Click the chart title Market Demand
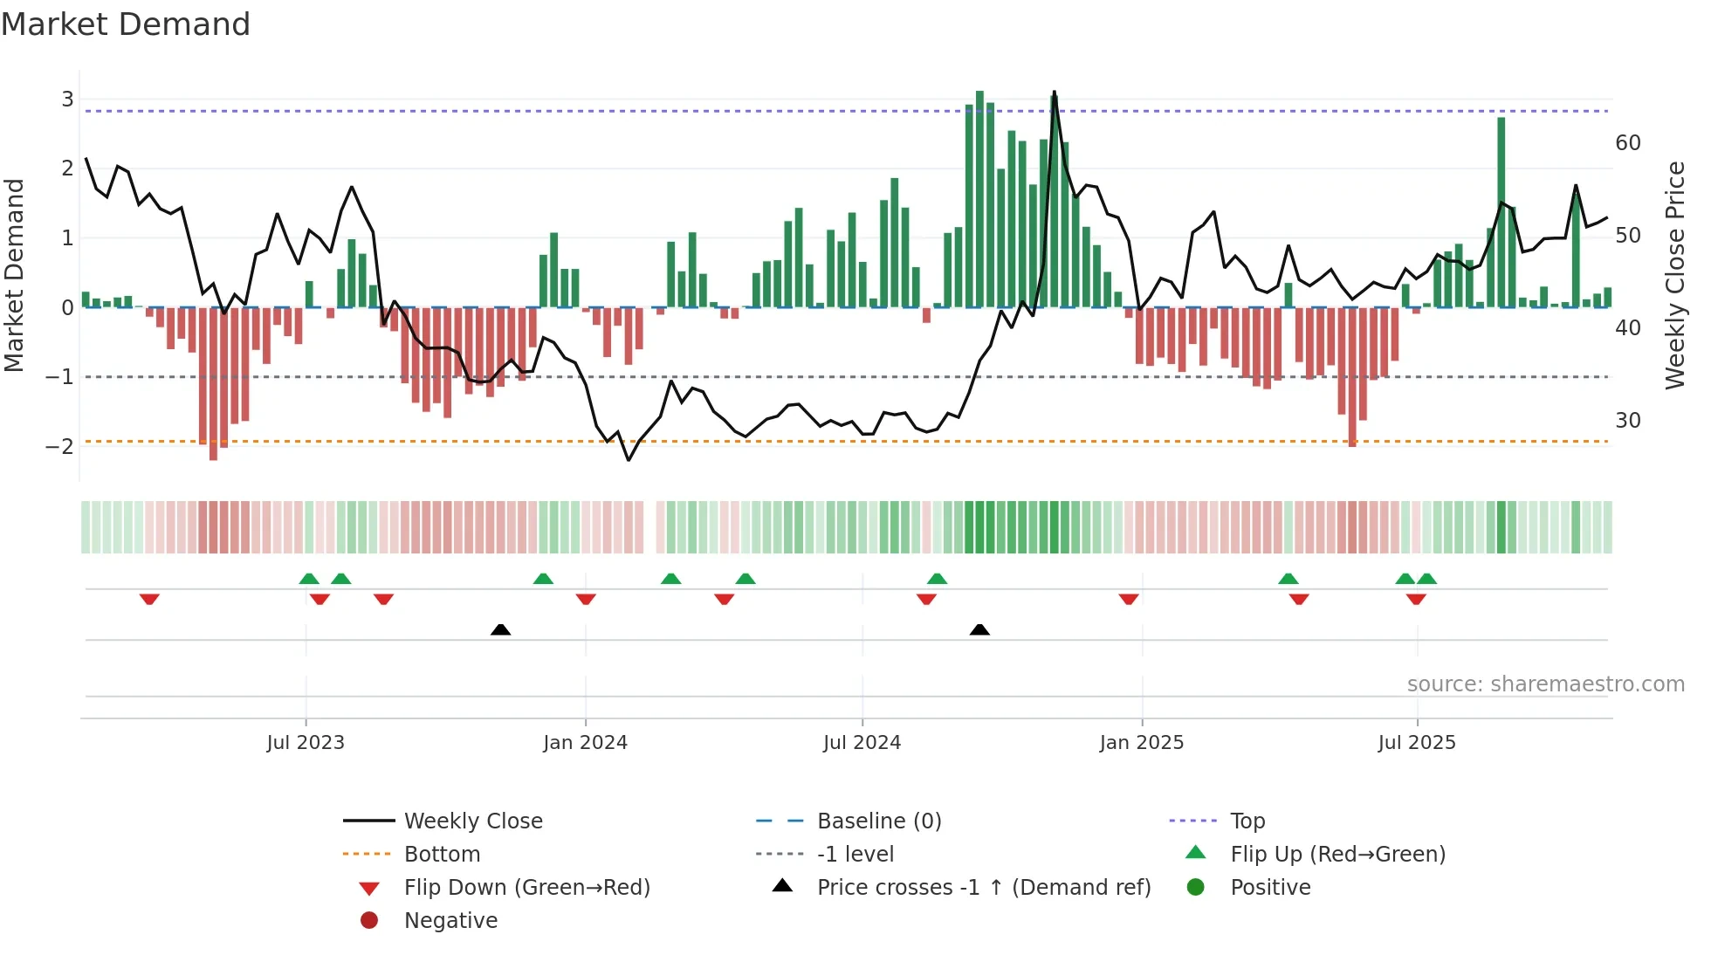pos(126,24)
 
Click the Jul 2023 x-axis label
pos(306,743)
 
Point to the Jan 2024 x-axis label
pos(585,743)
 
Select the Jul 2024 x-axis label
pos(862,743)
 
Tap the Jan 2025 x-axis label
pos(1141,743)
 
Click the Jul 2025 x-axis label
pos(1417,743)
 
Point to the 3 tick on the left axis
pos(67,100)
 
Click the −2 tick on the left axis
pos(60,447)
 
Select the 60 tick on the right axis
pos(1628,143)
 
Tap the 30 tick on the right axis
pos(1628,421)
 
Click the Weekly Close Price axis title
pos(1674,275)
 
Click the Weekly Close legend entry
pos(472,821)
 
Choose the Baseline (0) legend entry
pos(878,821)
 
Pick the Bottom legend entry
pos(442,855)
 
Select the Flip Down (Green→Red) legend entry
pos(526,888)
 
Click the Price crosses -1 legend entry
pos(983,888)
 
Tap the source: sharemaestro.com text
pos(1545,684)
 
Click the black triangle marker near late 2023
pos(500,629)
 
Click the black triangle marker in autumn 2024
pos(979,629)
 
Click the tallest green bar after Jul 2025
pos(1501,210)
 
